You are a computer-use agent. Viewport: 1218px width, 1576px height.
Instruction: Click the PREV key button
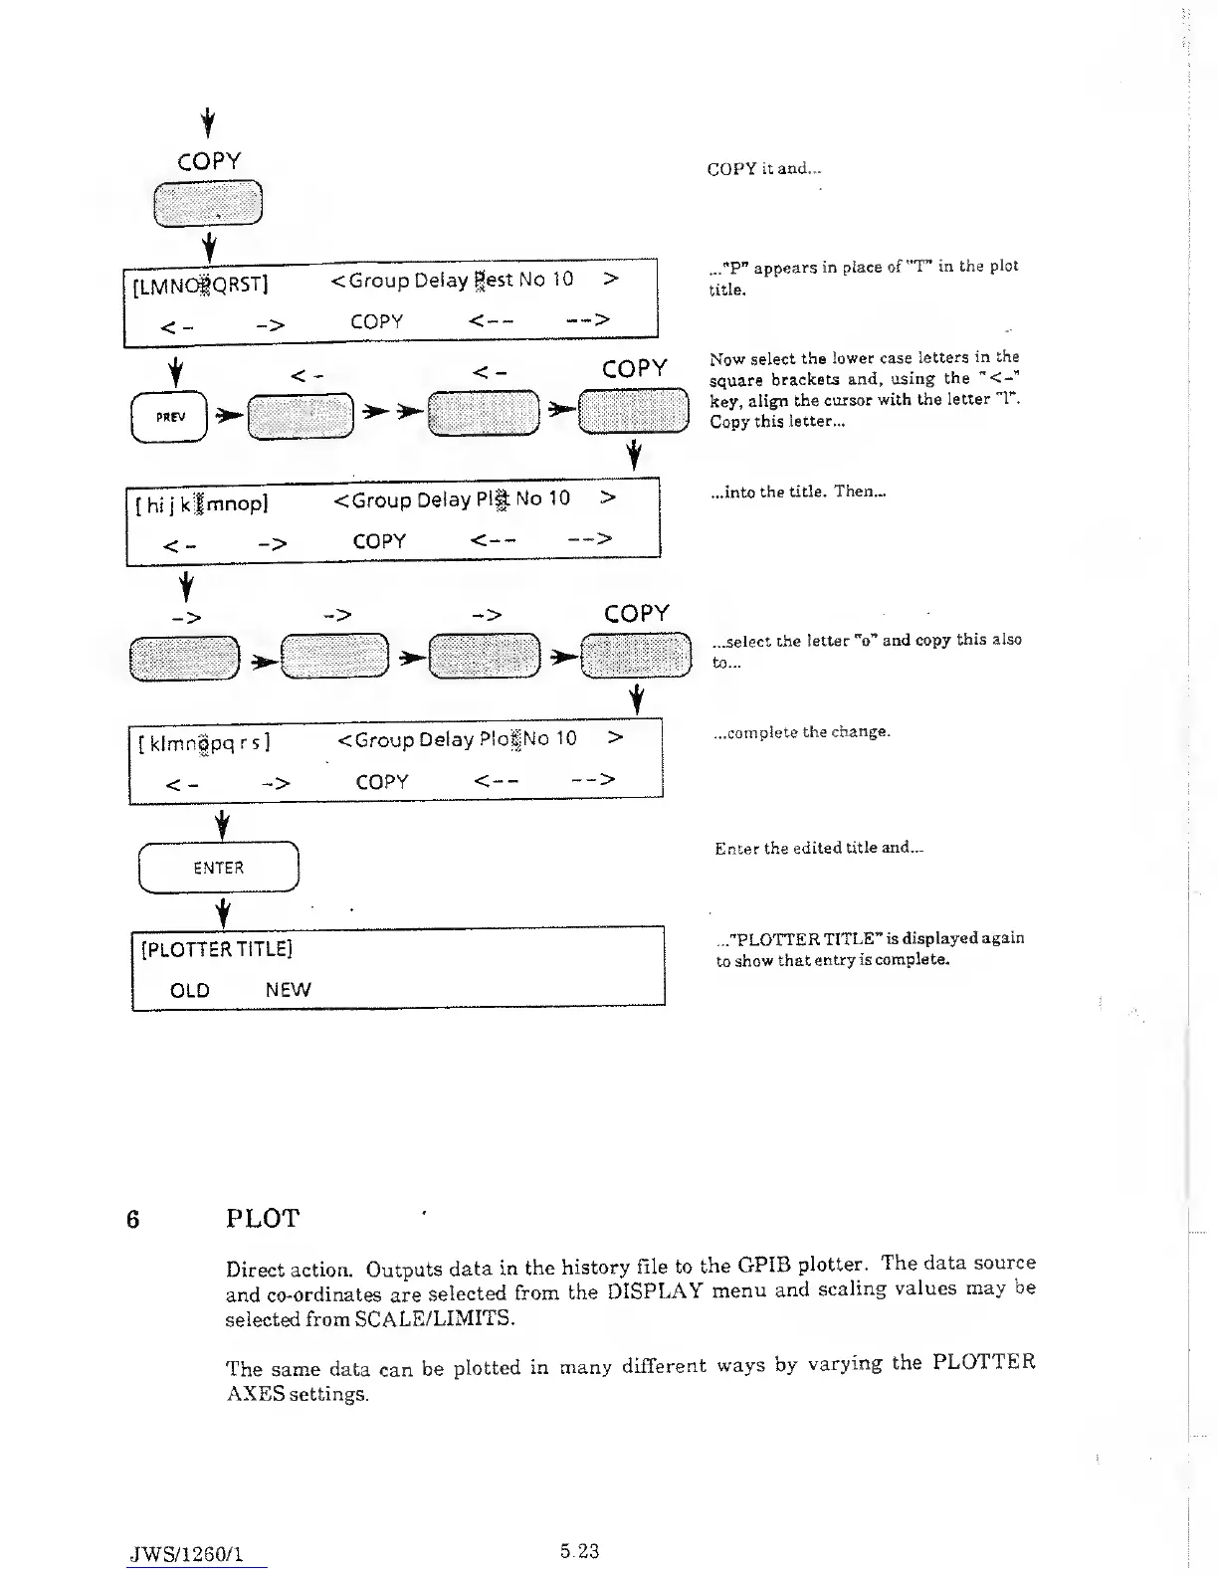pyautogui.click(x=170, y=416)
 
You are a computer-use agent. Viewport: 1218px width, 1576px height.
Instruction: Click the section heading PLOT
pyautogui.click(x=263, y=1219)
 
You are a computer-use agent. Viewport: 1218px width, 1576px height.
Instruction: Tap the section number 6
pyautogui.click(x=132, y=1219)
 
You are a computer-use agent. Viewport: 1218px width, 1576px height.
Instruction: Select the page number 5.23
pyautogui.click(x=579, y=1550)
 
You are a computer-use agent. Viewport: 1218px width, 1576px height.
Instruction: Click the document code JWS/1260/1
pyautogui.click(x=185, y=1553)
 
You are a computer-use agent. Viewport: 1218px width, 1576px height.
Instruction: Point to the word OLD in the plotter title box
pyautogui.click(x=190, y=990)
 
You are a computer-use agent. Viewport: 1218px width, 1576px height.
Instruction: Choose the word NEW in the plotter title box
pyautogui.click(x=288, y=990)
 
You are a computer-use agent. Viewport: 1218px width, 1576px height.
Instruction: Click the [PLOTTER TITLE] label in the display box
pyautogui.click(x=217, y=949)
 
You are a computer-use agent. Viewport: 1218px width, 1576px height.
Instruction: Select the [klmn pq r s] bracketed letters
pyautogui.click(x=205, y=743)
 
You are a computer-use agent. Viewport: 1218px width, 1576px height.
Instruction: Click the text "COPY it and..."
pyautogui.click(x=763, y=169)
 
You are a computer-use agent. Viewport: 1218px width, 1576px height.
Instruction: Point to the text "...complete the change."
pyautogui.click(x=802, y=732)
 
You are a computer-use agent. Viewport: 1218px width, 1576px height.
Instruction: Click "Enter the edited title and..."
pyautogui.click(x=819, y=849)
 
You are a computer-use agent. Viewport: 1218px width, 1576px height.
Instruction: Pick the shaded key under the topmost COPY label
pyautogui.click(x=208, y=204)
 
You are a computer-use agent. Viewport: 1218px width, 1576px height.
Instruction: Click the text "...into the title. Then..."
pyautogui.click(x=799, y=492)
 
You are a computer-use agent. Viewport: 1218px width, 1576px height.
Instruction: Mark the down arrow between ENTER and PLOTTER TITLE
pyautogui.click(x=225, y=910)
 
